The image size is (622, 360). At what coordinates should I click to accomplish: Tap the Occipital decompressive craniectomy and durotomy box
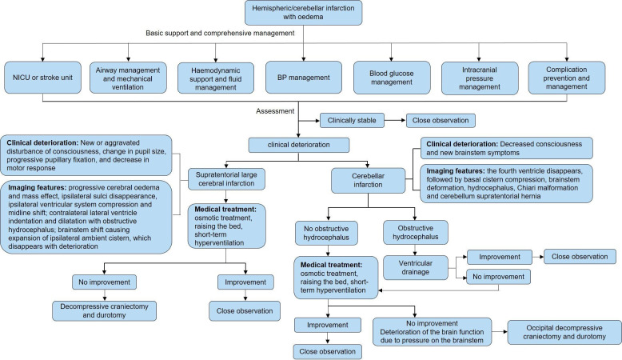[x=563, y=331]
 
